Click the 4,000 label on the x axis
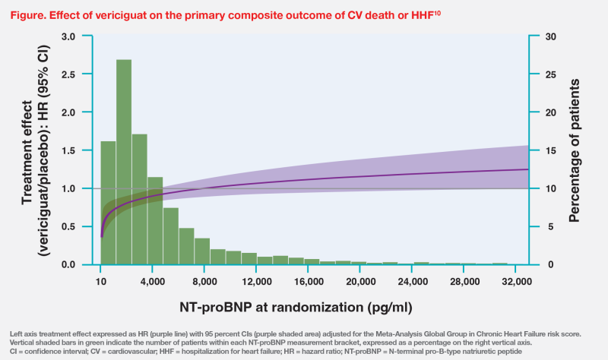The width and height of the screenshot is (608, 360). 153,281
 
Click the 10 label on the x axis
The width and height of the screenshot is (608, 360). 101,281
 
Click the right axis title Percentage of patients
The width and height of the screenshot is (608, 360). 575,150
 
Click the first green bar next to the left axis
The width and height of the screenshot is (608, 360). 108,202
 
